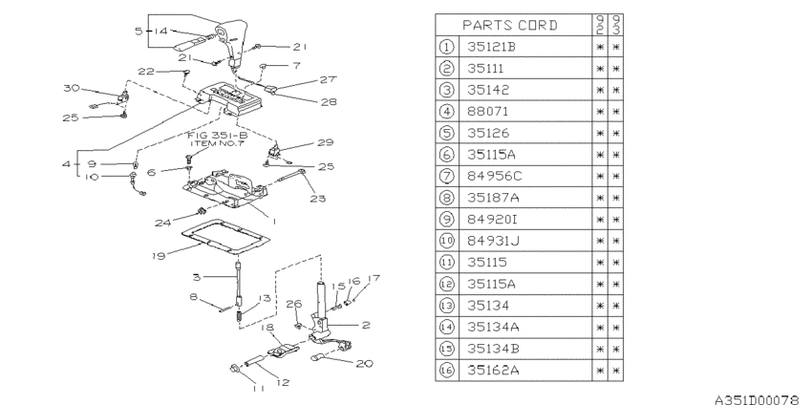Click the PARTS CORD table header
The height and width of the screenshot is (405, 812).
(512, 24)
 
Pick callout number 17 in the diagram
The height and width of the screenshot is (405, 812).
(375, 278)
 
